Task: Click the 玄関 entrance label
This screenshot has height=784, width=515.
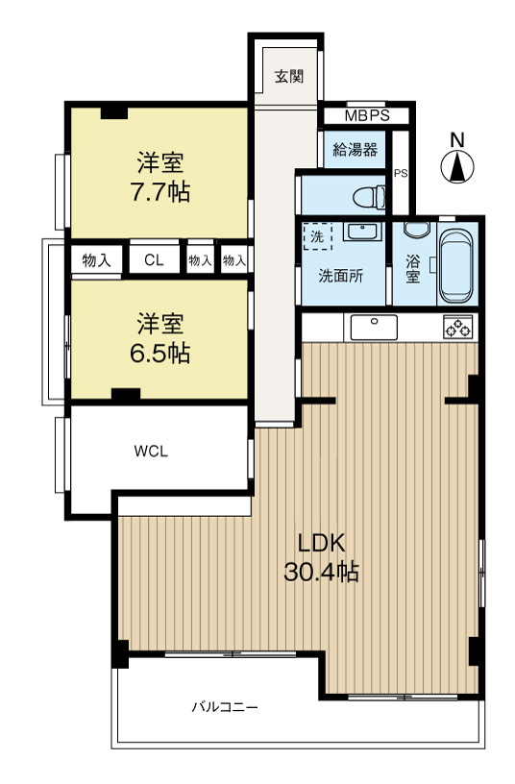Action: point(289,77)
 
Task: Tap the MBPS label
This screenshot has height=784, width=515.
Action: point(367,116)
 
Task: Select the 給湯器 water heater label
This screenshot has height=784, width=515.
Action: point(355,149)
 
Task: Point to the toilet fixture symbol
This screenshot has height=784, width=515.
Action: point(365,198)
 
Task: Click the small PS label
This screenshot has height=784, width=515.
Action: point(400,174)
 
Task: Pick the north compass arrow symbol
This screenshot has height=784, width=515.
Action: point(458,168)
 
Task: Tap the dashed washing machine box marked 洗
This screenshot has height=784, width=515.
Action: point(316,235)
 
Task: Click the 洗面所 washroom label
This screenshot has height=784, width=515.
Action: point(341,275)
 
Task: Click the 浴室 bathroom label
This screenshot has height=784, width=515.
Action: point(413,267)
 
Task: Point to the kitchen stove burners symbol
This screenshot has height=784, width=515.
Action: point(457,328)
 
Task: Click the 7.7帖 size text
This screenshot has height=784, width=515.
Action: point(160,192)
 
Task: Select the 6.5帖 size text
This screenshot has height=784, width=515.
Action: point(160,353)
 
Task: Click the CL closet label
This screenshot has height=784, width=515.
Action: point(154,260)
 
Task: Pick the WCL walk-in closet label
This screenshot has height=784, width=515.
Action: point(152,452)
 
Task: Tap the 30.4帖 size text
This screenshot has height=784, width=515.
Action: point(322,574)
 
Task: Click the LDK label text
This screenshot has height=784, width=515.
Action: point(321,541)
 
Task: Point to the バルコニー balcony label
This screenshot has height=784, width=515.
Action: point(224,707)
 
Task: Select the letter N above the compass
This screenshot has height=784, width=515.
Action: point(458,140)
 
